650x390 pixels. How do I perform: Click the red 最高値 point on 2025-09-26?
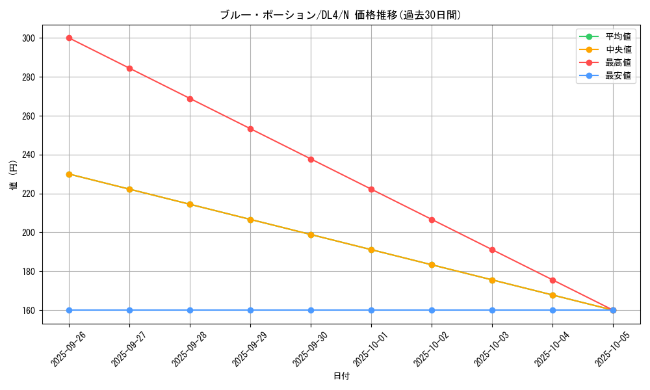pos(69,38)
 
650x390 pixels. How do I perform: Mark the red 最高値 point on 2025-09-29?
pos(250,129)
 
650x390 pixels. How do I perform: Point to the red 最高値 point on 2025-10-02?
pos(432,220)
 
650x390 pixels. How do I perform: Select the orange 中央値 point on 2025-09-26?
pos(69,174)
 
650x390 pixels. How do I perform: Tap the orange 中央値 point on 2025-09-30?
pos(311,235)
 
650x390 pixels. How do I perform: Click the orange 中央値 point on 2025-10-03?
pos(492,280)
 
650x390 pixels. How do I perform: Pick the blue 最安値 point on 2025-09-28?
pos(190,310)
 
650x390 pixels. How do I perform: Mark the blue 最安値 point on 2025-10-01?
pos(371,310)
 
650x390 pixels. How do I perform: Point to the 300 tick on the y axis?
pos(29,38)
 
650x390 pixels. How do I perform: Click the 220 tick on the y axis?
pos(29,194)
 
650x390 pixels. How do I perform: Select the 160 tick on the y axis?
pos(29,311)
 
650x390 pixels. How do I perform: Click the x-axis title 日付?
pos(341,376)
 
